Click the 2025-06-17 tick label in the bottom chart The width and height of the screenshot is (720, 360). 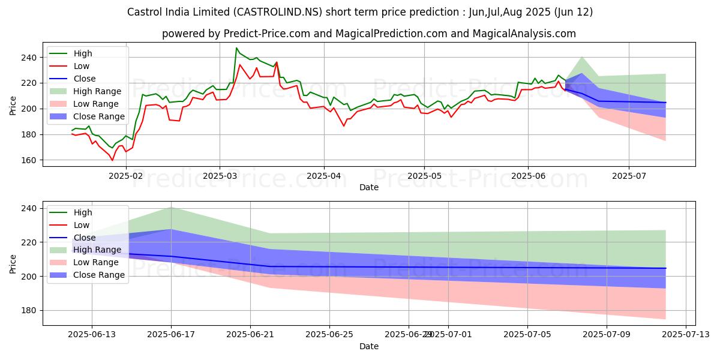171,335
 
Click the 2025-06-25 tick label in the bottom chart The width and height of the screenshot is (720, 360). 330,335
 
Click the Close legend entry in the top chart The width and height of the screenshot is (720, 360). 83,79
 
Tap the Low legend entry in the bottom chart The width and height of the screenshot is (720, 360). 82,225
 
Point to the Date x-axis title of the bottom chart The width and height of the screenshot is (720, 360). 368,346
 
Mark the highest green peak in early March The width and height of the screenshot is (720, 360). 236,48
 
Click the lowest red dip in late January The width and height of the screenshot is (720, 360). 112,160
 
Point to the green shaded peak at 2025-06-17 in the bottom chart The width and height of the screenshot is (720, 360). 171,207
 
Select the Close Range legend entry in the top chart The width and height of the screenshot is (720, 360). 98,116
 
